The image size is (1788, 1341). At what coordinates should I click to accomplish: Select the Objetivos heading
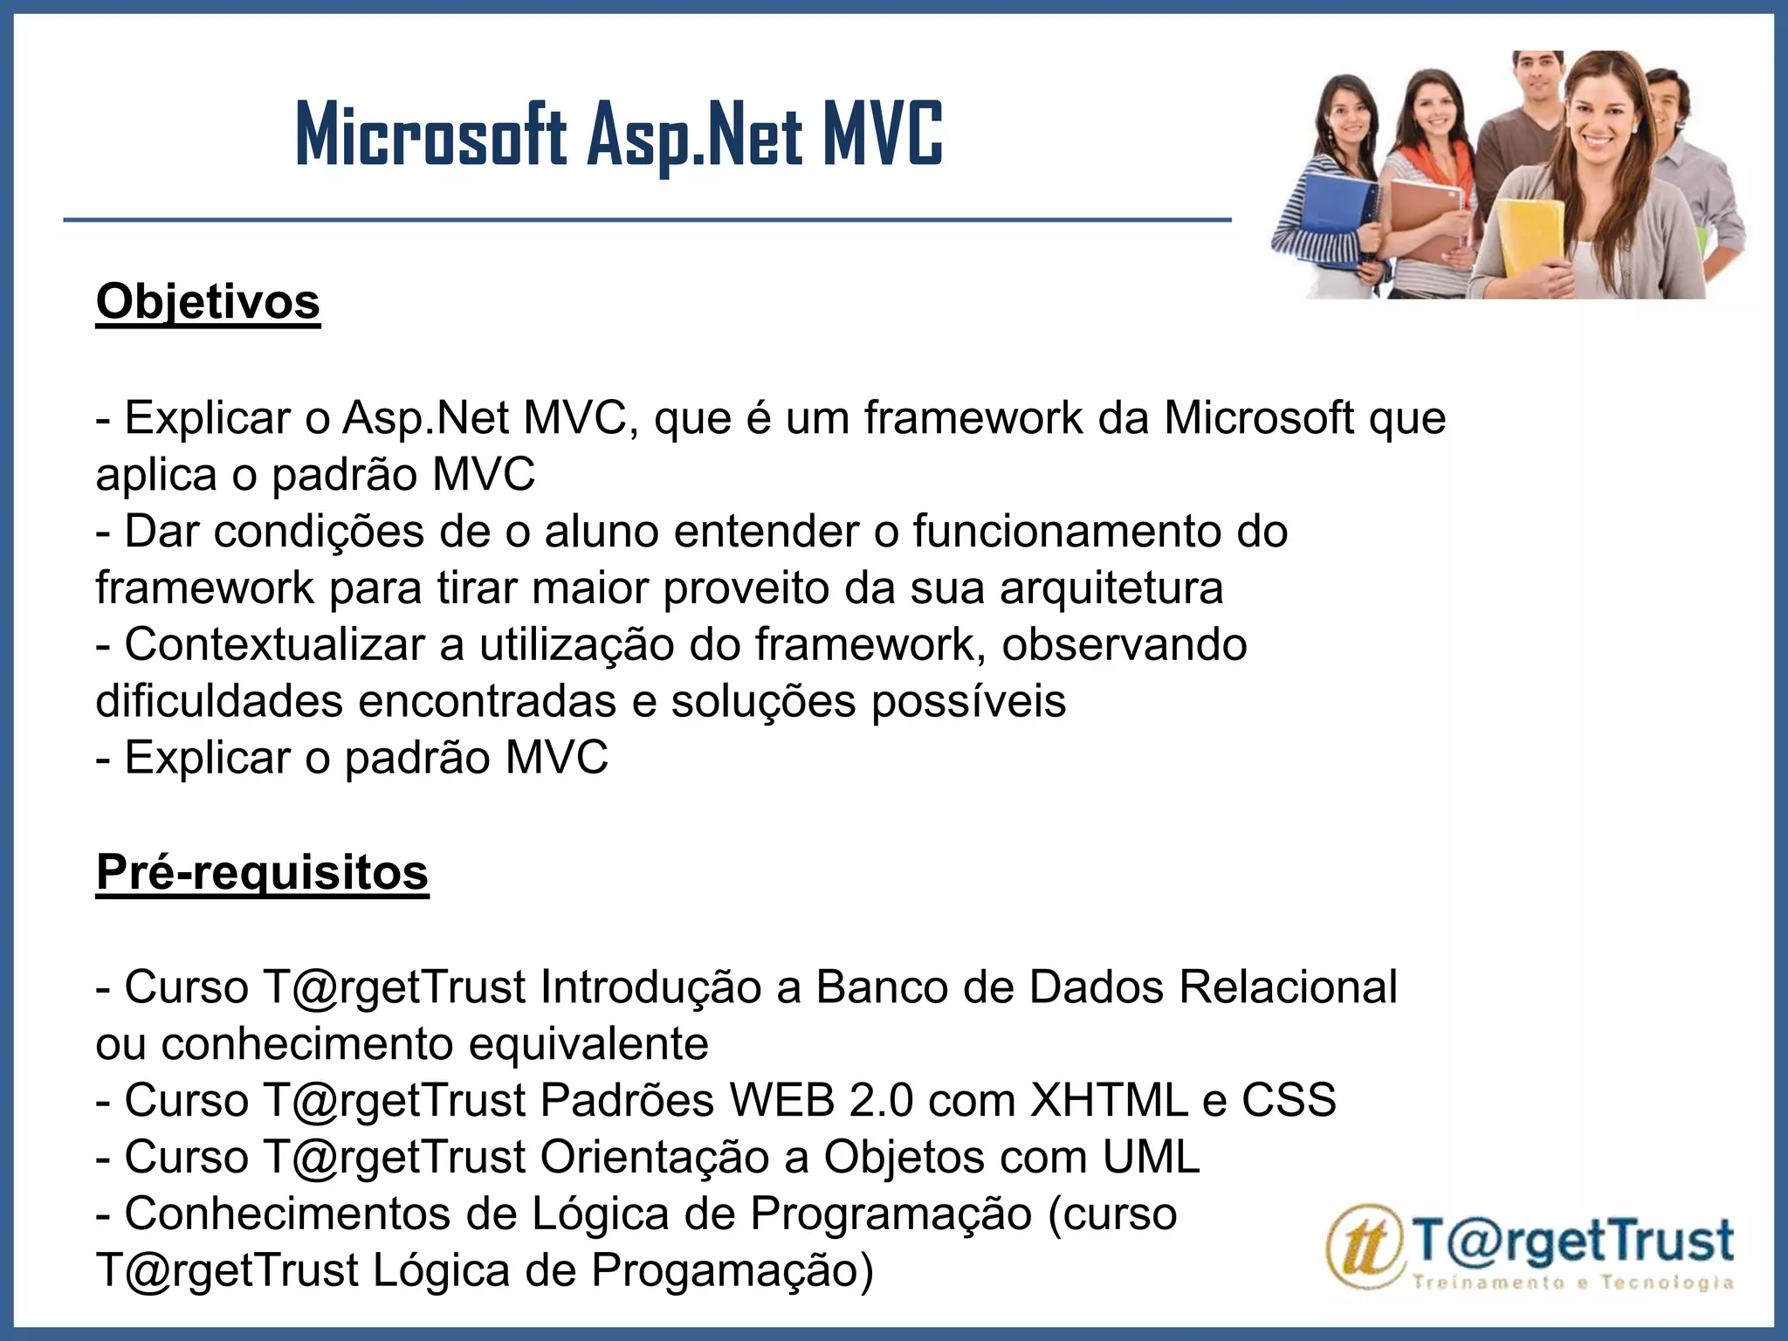click(208, 302)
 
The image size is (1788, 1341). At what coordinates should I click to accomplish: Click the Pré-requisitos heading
click(262, 872)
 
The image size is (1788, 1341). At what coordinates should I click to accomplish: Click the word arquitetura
click(1111, 588)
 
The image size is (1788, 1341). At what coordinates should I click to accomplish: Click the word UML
click(1151, 1157)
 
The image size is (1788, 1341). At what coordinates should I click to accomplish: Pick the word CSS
click(1289, 1100)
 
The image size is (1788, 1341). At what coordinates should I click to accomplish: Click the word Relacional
click(1288, 987)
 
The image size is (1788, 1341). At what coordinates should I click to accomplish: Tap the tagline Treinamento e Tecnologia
click(1571, 1283)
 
